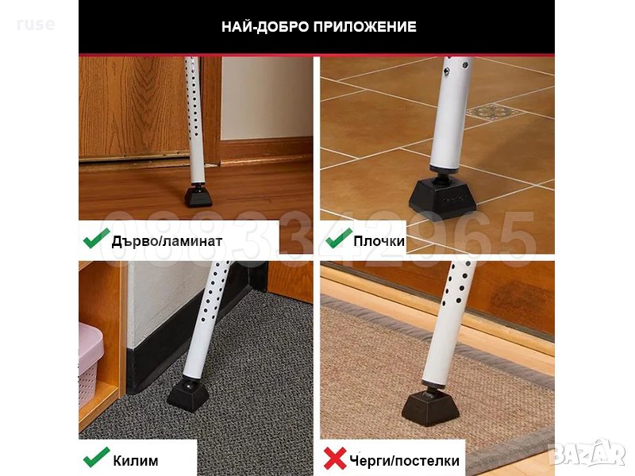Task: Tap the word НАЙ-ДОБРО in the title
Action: click(x=265, y=27)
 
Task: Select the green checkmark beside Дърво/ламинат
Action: click(x=96, y=239)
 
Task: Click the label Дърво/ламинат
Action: click(x=167, y=241)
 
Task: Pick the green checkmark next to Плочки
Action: click(x=339, y=239)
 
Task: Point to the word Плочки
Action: click(x=379, y=241)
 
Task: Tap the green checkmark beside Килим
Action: click(x=96, y=458)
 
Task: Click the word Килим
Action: click(x=136, y=461)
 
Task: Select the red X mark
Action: click(x=335, y=459)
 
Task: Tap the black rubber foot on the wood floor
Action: click(x=198, y=196)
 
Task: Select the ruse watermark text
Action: click(x=36, y=25)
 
